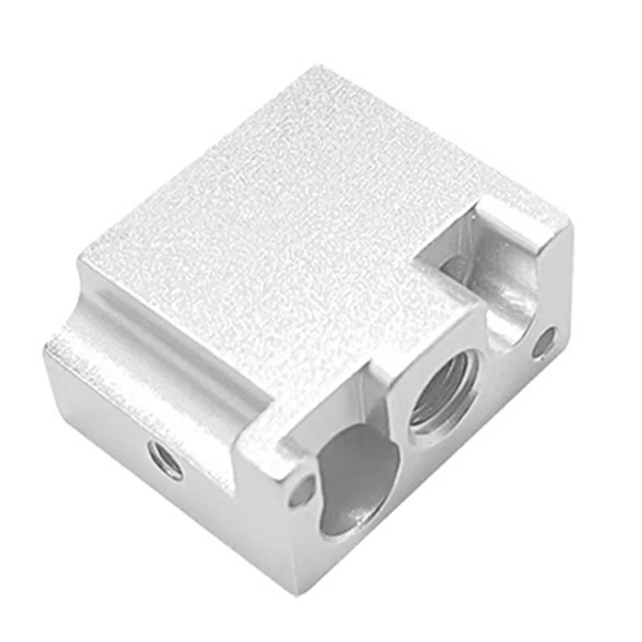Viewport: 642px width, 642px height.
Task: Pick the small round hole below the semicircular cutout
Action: click(x=547, y=341)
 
